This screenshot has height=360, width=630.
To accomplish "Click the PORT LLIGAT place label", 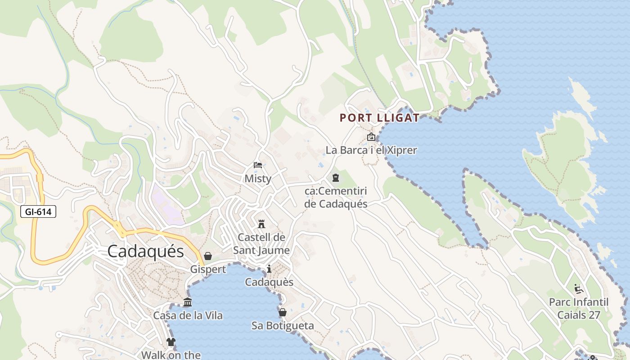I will tap(379, 118).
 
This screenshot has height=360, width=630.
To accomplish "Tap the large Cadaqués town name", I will tap(146, 251).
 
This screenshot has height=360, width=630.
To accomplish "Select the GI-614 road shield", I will tap(38, 211).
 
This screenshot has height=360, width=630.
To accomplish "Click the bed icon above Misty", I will tap(258, 165).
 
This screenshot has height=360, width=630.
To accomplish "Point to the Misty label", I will tap(258, 179).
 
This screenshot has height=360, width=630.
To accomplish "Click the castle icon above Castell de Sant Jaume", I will tap(261, 224).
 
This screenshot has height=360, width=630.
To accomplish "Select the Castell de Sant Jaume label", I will tap(261, 243).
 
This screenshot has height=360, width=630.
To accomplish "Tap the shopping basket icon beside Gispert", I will tap(208, 256).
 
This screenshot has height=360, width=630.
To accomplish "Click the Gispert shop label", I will tap(208, 270).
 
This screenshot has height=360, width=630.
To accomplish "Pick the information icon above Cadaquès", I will tap(269, 269).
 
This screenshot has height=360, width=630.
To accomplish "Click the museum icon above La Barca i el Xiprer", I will tap(371, 137).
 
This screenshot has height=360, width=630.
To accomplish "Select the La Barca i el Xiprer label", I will tap(371, 150).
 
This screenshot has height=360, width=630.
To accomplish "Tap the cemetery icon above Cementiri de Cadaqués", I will tap(336, 178).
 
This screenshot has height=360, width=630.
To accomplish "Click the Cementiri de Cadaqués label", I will tap(336, 198).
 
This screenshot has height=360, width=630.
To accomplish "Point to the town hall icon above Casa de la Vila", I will tap(188, 302).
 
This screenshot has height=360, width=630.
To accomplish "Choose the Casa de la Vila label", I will tap(188, 315).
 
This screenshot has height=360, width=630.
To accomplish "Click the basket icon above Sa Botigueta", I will tap(283, 312).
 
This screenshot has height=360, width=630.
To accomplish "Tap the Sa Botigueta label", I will tap(283, 325).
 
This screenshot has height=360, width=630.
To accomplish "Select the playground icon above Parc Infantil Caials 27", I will tap(578, 288).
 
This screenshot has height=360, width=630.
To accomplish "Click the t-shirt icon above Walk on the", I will tap(171, 342).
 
